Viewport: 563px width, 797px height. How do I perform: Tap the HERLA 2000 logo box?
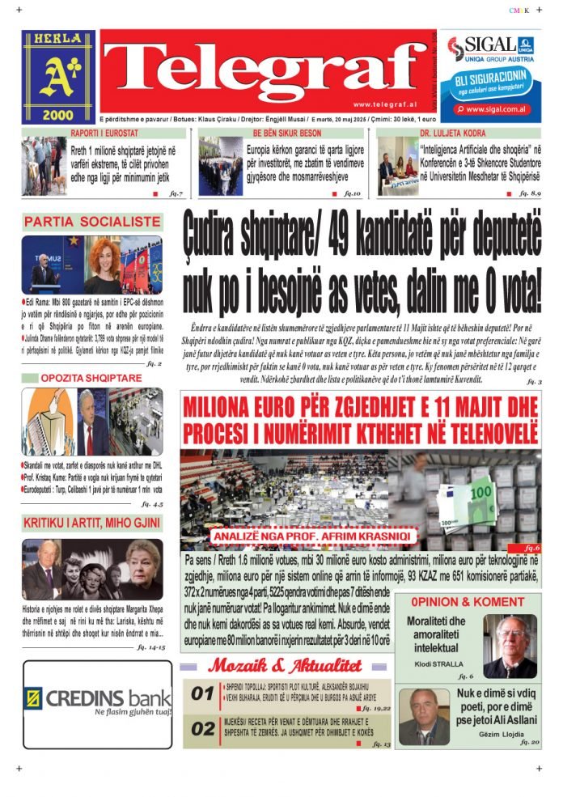[58, 77]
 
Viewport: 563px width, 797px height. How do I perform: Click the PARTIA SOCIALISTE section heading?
[92, 222]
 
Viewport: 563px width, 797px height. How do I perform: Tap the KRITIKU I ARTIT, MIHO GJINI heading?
[91, 524]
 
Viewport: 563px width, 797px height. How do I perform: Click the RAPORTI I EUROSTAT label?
[104, 133]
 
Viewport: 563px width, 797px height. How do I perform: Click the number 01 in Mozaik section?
[202, 693]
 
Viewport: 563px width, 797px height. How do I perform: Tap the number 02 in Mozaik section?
[202, 729]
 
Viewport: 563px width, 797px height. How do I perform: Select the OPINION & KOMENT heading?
[467, 602]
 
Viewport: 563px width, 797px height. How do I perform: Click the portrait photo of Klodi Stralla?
[509, 645]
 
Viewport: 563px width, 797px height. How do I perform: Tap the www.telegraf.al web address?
[383, 104]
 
